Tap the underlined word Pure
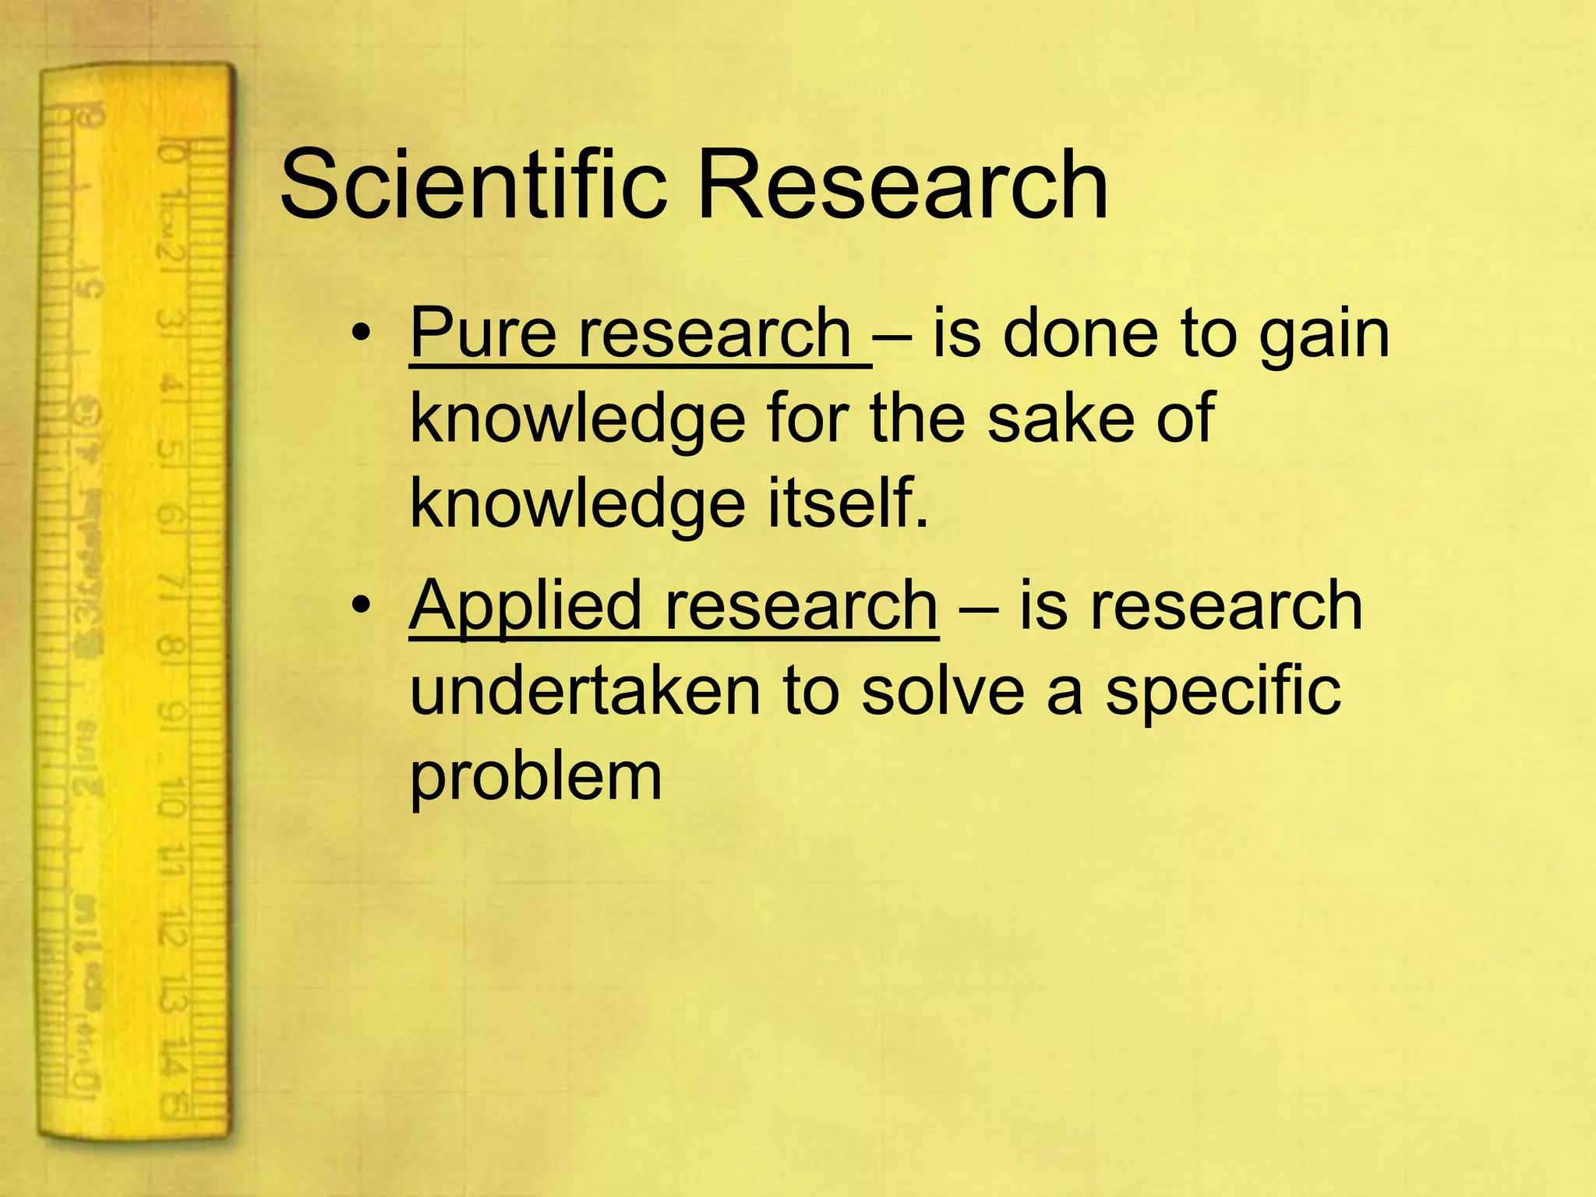pyautogui.click(x=482, y=334)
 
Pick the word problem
pyautogui.click(x=535, y=778)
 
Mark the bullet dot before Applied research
pyautogui.click(x=359, y=606)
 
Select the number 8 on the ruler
pyautogui.click(x=170, y=647)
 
